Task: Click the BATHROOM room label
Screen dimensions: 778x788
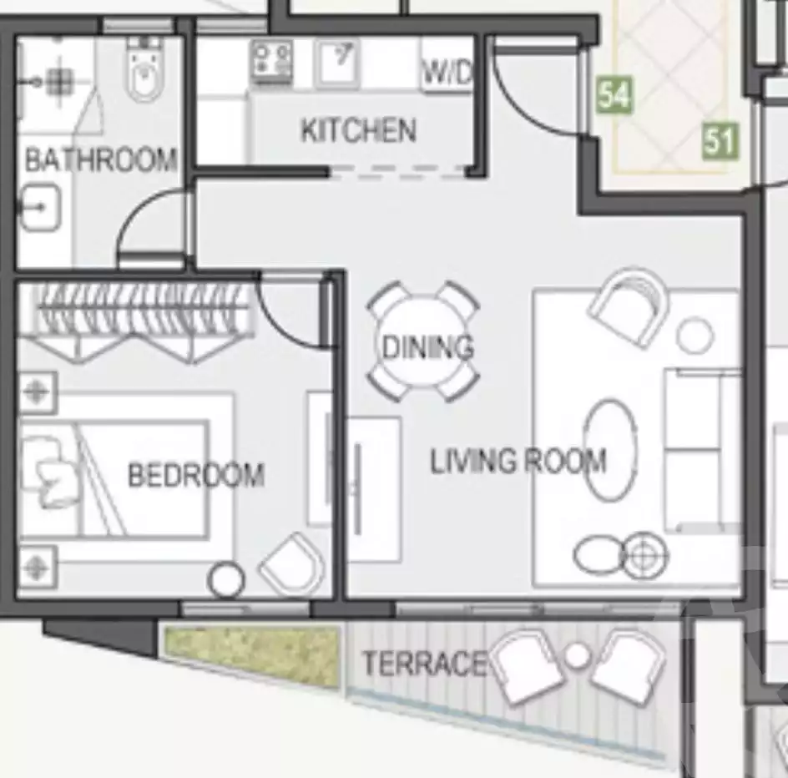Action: pos(100,159)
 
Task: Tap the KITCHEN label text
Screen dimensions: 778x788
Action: pos(358,130)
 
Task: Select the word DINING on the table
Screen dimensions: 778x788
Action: pos(427,346)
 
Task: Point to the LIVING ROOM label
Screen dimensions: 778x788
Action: pos(518,461)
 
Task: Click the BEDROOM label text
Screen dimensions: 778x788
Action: pos(196,475)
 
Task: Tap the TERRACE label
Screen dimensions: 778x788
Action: pos(423,664)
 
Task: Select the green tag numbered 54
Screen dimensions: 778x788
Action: pos(614,95)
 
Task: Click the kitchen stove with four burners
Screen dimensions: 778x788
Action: pos(272,63)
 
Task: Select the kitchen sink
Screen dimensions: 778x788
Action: pos(338,63)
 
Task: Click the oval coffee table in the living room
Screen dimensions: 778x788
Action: pos(609,451)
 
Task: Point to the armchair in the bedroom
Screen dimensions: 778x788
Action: pos(292,563)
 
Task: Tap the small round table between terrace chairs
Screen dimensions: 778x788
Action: pos(577,656)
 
